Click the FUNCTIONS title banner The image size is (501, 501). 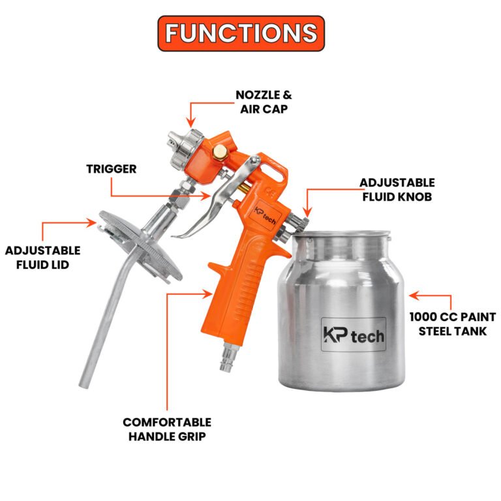241,33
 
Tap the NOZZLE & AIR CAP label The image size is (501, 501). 264,102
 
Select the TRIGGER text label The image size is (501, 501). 111,169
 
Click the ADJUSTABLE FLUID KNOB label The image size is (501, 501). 397,189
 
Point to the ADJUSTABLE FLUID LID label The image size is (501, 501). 43,258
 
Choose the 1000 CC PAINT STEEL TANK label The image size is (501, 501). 453,324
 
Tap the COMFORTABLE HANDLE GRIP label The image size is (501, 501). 167,429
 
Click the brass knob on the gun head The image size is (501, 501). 220,151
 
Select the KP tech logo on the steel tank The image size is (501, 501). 354,335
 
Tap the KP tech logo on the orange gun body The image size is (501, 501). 265,215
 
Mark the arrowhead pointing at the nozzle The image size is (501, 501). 190,123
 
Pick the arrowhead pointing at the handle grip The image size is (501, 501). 207,294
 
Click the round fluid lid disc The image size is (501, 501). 141,246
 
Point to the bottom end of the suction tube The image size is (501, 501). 84,385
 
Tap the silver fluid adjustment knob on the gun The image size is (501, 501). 299,221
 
